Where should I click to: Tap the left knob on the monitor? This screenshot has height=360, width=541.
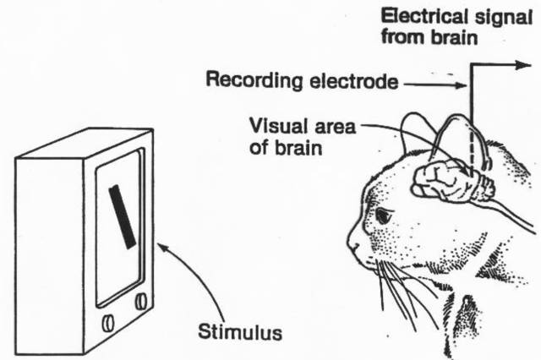pos(109,323)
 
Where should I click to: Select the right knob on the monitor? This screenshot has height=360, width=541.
pos(140,301)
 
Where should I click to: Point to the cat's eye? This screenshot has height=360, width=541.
pos(383,216)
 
